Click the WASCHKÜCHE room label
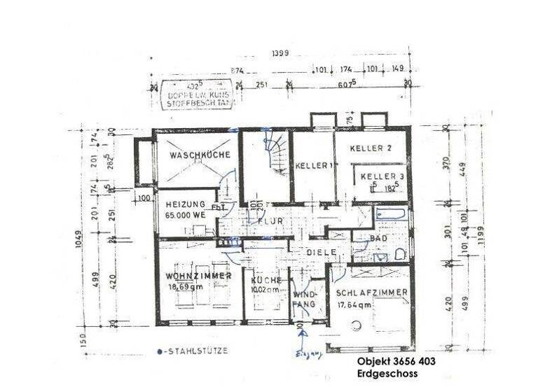(x=195, y=155)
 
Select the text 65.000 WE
(x=186, y=216)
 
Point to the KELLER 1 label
(x=312, y=166)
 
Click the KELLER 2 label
(x=371, y=148)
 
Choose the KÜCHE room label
(x=265, y=280)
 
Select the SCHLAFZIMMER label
(x=371, y=293)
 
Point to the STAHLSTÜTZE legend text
(x=191, y=351)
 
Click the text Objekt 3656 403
(x=396, y=362)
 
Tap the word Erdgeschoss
(x=387, y=374)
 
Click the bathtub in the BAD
(x=391, y=213)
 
